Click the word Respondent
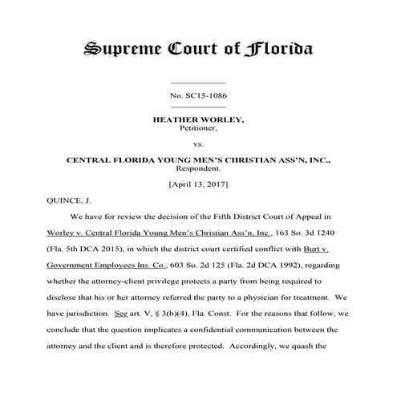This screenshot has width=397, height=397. [198, 169]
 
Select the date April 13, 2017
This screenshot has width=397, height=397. [198, 185]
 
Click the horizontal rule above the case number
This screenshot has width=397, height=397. [199, 83]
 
